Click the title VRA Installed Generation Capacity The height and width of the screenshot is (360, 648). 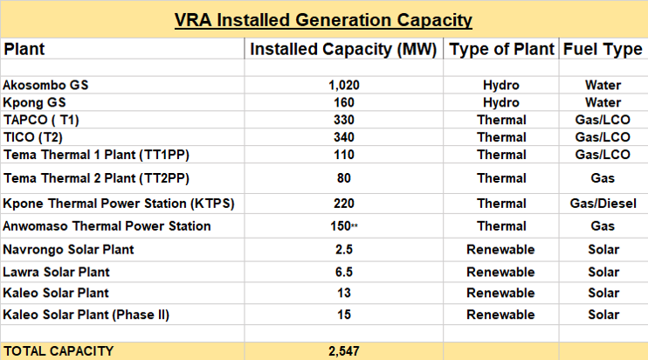tap(324, 18)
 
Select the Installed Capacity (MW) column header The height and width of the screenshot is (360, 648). tap(344, 50)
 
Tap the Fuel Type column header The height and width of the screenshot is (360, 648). tap(603, 50)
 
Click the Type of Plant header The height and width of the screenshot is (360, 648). tap(501, 50)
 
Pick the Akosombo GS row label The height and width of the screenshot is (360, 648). tap(46, 86)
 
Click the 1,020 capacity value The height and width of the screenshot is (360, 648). tap(344, 86)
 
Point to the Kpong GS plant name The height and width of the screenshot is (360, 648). tap(35, 102)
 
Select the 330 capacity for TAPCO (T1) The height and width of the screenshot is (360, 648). tap(344, 120)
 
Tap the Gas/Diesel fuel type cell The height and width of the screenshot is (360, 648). tap(603, 204)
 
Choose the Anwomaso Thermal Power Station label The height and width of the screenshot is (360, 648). tap(107, 226)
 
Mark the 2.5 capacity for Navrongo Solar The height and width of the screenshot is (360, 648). tap(344, 250)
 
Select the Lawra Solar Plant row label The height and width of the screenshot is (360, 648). tap(55, 273)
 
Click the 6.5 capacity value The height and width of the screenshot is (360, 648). tap(344, 273)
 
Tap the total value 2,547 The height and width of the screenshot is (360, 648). tap(344, 350)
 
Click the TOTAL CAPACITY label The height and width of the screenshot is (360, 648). tap(59, 350)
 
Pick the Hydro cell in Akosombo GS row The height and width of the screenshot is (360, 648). tap(501, 86)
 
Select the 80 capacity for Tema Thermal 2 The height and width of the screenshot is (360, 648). tap(344, 179)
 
